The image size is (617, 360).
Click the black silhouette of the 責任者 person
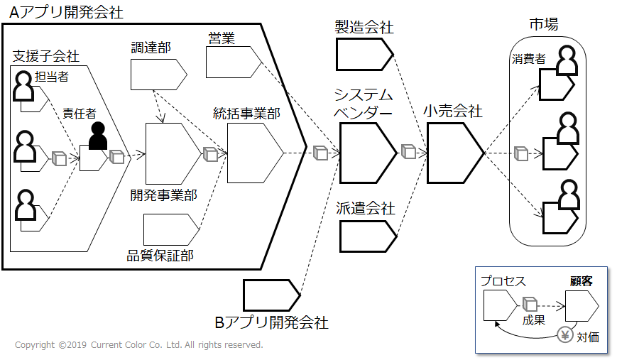click(98, 136)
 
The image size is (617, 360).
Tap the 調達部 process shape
click(158, 75)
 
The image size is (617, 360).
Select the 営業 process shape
click(234, 62)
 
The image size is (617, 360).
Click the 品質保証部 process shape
click(171, 230)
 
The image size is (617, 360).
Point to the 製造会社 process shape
click(365, 54)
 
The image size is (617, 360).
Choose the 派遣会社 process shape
click(368, 236)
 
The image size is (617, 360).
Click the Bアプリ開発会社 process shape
click(272, 295)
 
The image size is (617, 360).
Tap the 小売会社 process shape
click(455, 153)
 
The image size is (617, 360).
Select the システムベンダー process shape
click(368, 153)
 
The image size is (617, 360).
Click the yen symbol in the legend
click(565, 335)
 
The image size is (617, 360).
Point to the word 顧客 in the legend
click(581, 281)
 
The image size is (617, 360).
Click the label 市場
click(544, 24)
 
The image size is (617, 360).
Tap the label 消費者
click(528, 59)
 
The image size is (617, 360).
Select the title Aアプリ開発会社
click(66, 12)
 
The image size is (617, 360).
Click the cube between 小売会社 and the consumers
click(521, 153)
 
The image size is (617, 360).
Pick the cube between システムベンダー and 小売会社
click(408, 151)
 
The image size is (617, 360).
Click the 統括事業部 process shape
click(256, 153)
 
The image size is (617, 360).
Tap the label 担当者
click(52, 76)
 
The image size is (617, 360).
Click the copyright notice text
click(139, 345)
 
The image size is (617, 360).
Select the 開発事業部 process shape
click(173, 153)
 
